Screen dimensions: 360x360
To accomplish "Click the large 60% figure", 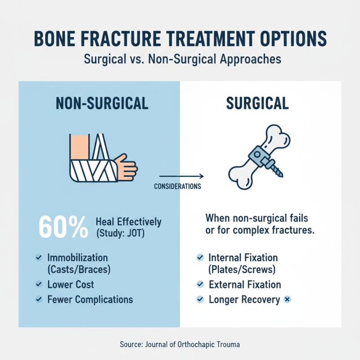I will tap(63, 227).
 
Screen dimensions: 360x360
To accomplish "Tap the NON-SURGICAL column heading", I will tap(102, 103).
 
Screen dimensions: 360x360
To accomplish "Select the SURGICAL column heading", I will tap(258, 103).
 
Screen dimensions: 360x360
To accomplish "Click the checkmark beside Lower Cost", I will tap(39, 285).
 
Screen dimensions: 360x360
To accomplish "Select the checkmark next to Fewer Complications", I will tap(39, 299).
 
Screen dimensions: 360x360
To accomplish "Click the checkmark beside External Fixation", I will tap(200, 285).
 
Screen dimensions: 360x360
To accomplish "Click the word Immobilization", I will tap(77, 258).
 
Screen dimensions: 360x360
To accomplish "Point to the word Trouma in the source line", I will tap(227, 344).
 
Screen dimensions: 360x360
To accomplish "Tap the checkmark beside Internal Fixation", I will tap(200, 258).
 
